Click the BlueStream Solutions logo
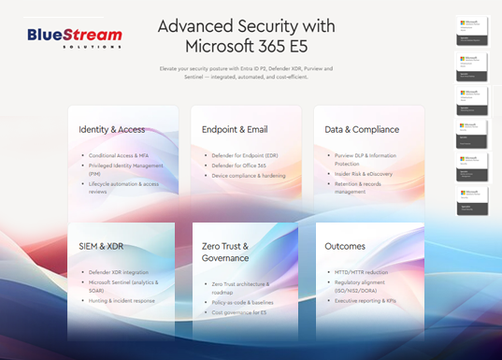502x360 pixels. pos(75,39)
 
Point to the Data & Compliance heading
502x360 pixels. pos(363,129)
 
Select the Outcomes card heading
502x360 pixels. pos(346,246)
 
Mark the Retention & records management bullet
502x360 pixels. pos(368,188)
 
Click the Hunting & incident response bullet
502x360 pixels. pos(123,300)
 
